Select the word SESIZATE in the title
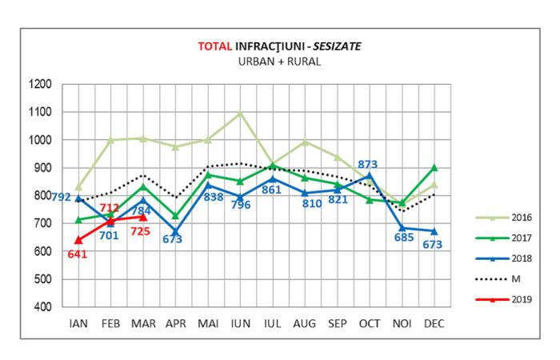tap(336, 46)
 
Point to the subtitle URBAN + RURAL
tap(280, 61)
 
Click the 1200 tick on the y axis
tap(39, 84)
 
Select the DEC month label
tap(434, 324)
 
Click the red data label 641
tap(77, 255)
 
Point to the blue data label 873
tap(369, 164)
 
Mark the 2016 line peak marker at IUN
tap(239, 113)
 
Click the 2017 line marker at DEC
tap(434, 167)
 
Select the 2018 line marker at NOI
tap(402, 228)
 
